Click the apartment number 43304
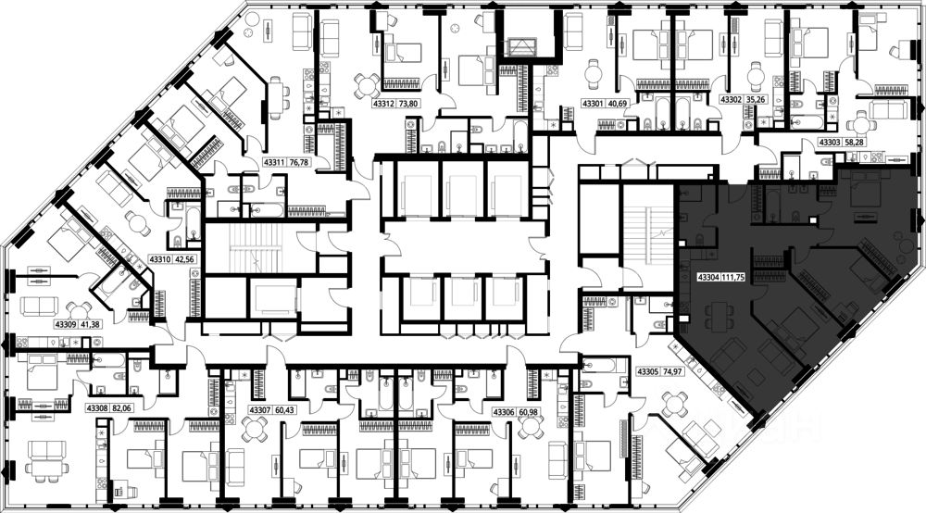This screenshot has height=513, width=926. tap(708, 276)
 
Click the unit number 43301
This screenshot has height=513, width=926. tap(594, 104)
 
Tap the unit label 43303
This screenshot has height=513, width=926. tap(830, 142)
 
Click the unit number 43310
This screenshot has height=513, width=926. tap(160, 259)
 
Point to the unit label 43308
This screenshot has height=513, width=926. tap(97, 407)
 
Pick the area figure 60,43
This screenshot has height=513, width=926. tap(284, 410)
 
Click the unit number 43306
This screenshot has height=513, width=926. tap(505, 411)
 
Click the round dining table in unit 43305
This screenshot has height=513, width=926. tap(673, 406)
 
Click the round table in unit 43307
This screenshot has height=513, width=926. tap(256, 429)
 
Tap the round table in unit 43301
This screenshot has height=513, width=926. tap(593, 75)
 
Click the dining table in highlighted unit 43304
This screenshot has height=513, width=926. tap(719, 318)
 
